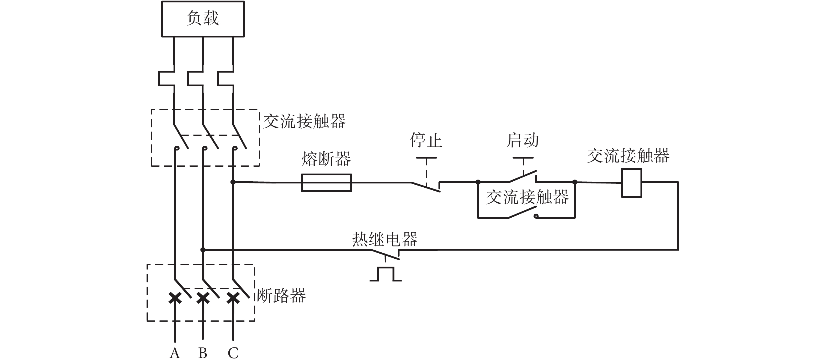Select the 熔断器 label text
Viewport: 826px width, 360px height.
tap(326, 159)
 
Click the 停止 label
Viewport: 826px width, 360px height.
tap(426, 140)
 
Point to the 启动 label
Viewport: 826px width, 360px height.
tap(523, 140)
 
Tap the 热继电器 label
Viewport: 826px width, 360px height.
tap(385, 239)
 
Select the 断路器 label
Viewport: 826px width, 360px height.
tap(281, 296)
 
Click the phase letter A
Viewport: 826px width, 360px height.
tap(175, 353)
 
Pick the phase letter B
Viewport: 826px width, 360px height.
tap(203, 353)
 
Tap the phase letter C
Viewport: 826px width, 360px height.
tap(233, 353)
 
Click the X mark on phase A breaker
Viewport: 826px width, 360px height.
tap(175, 298)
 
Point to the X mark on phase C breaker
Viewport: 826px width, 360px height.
tap(233, 298)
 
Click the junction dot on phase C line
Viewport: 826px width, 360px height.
tap(233, 182)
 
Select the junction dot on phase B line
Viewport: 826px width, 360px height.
tap(203, 250)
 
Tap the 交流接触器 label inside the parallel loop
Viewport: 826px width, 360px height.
tap(527, 197)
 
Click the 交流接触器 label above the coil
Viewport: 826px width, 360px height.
tap(628, 156)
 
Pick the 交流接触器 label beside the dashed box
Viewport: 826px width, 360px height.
tap(304, 121)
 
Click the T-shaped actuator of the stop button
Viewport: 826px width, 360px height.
tap(426, 158)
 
